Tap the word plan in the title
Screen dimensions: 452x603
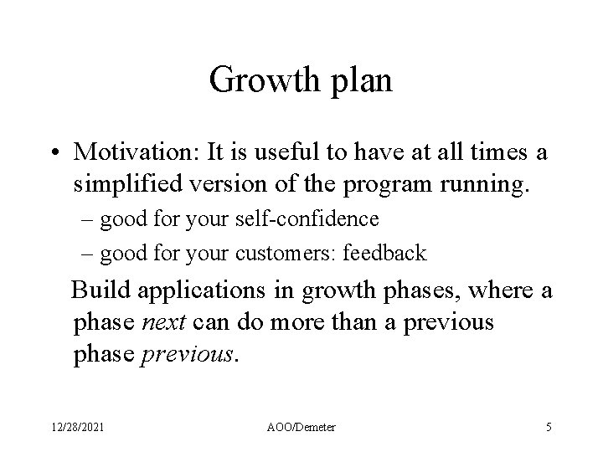coord(360,83)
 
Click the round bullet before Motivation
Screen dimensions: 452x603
coord(54,152)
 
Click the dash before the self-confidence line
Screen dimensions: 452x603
coord(90,220)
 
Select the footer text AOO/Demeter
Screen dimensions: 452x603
coord(301,426)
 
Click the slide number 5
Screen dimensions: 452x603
coord(548,426)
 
